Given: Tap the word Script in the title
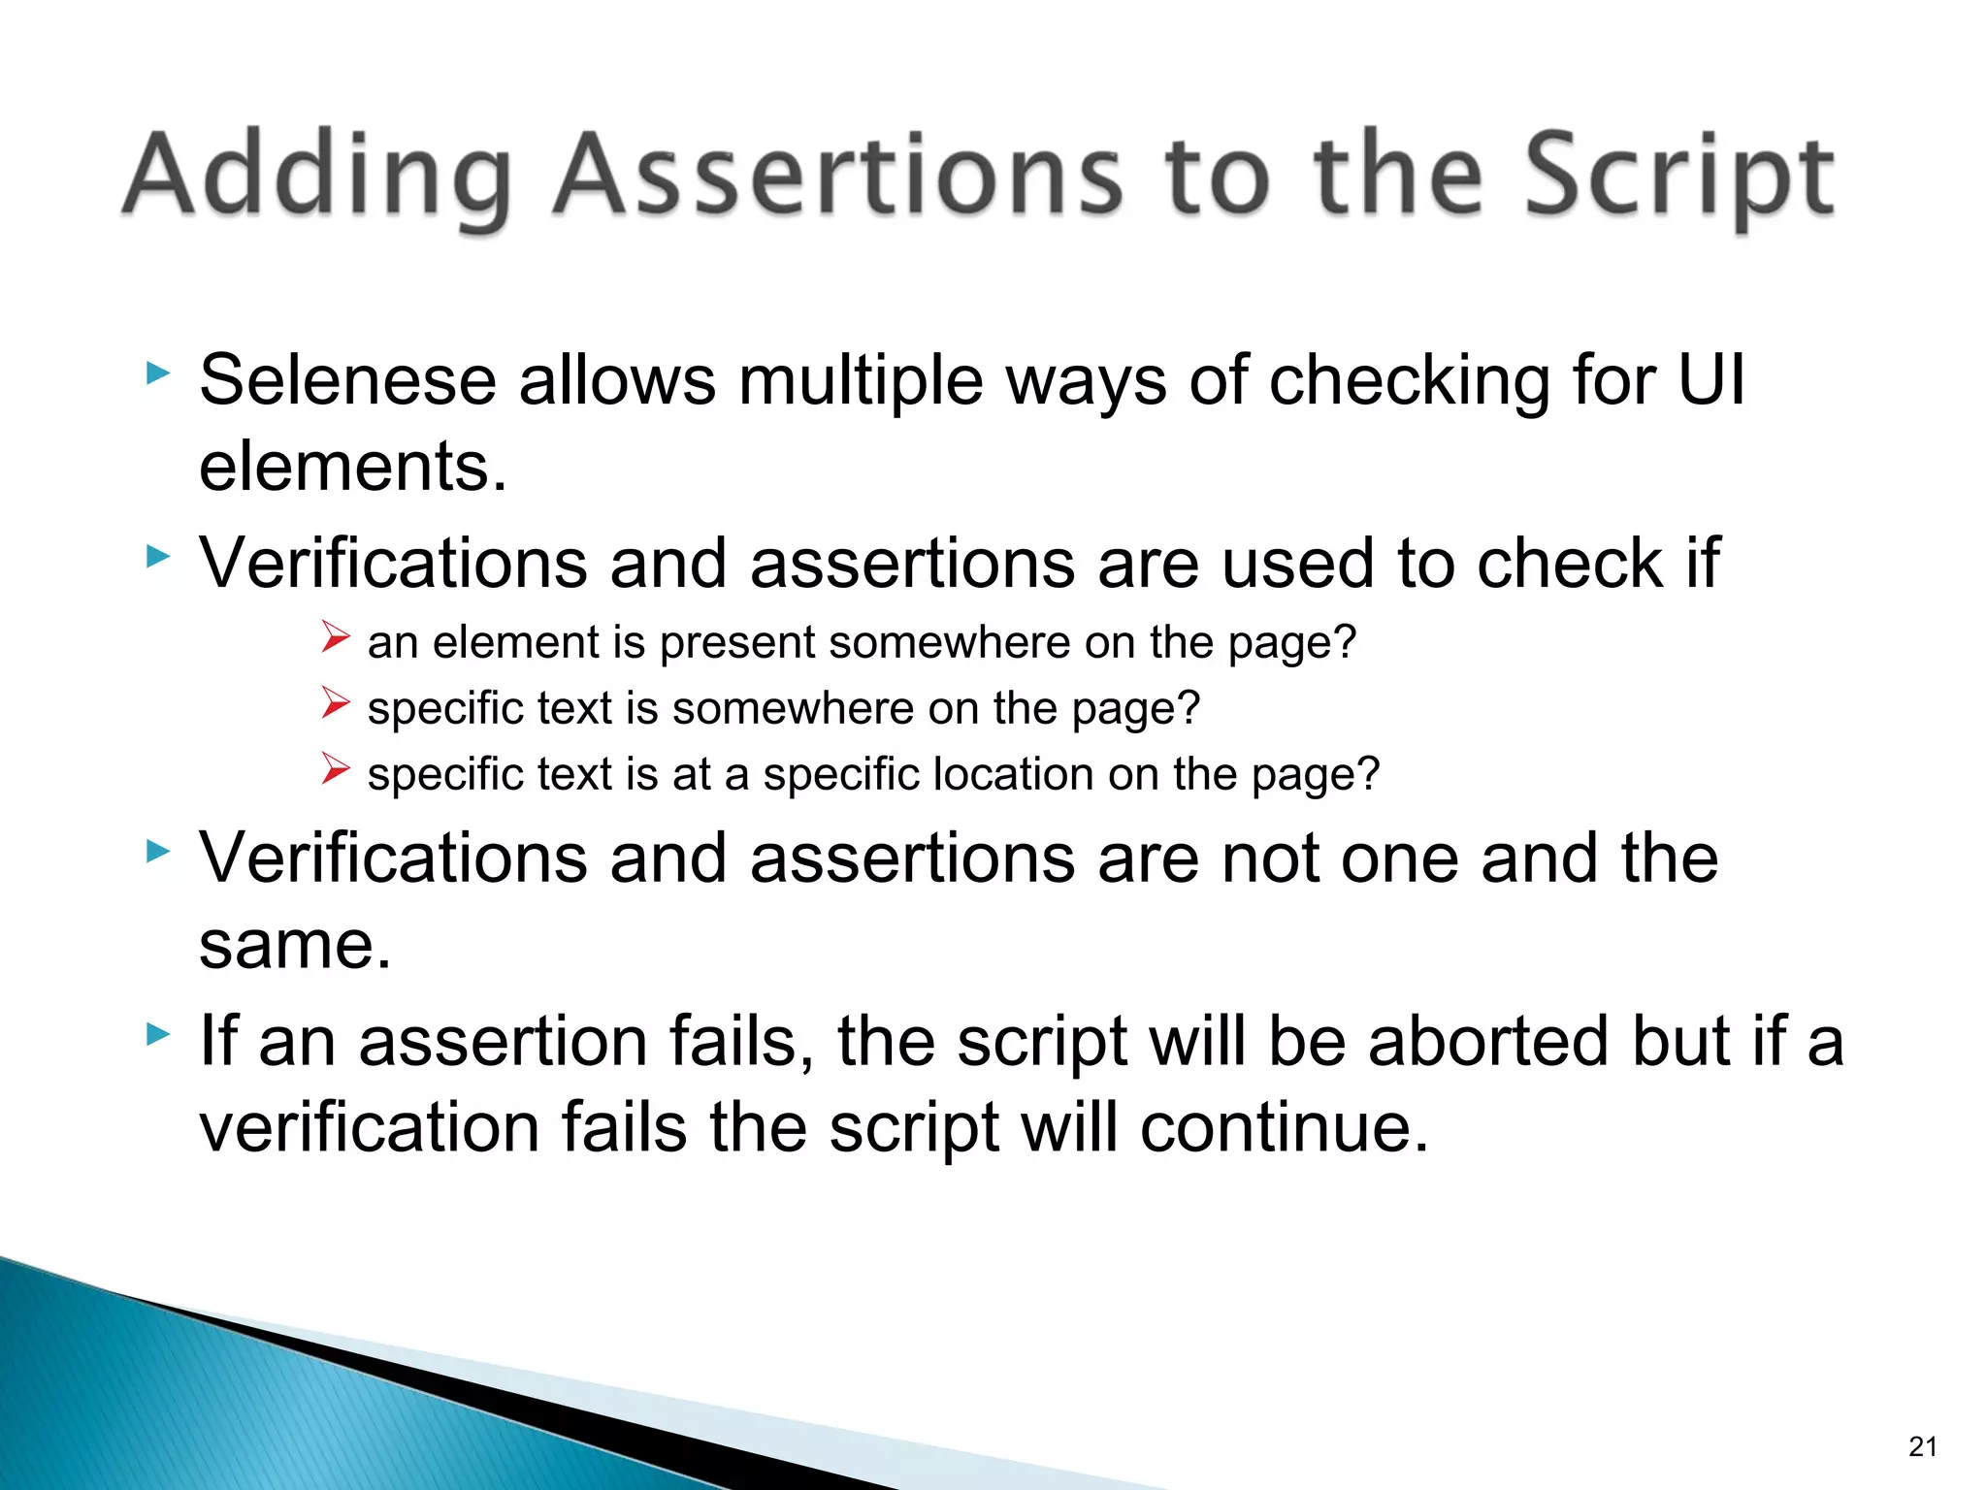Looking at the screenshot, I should click(x=1678, y=176).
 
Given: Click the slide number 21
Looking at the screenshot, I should click(x=1922, y=1446).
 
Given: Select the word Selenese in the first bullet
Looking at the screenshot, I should click(x=347, y=379).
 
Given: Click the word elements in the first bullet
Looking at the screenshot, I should click(x=352, y=467).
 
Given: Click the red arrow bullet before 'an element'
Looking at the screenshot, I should click(x=335, y=637).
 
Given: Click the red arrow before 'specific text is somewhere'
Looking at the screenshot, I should click(x=335, y=702).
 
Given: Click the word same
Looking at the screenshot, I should click(x=294, y=945).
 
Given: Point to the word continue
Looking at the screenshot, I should click(x=1285, y=1128).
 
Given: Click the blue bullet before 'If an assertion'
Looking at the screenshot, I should click(x=157, y=1035).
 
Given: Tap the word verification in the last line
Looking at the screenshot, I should click(x=370, y=1128).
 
